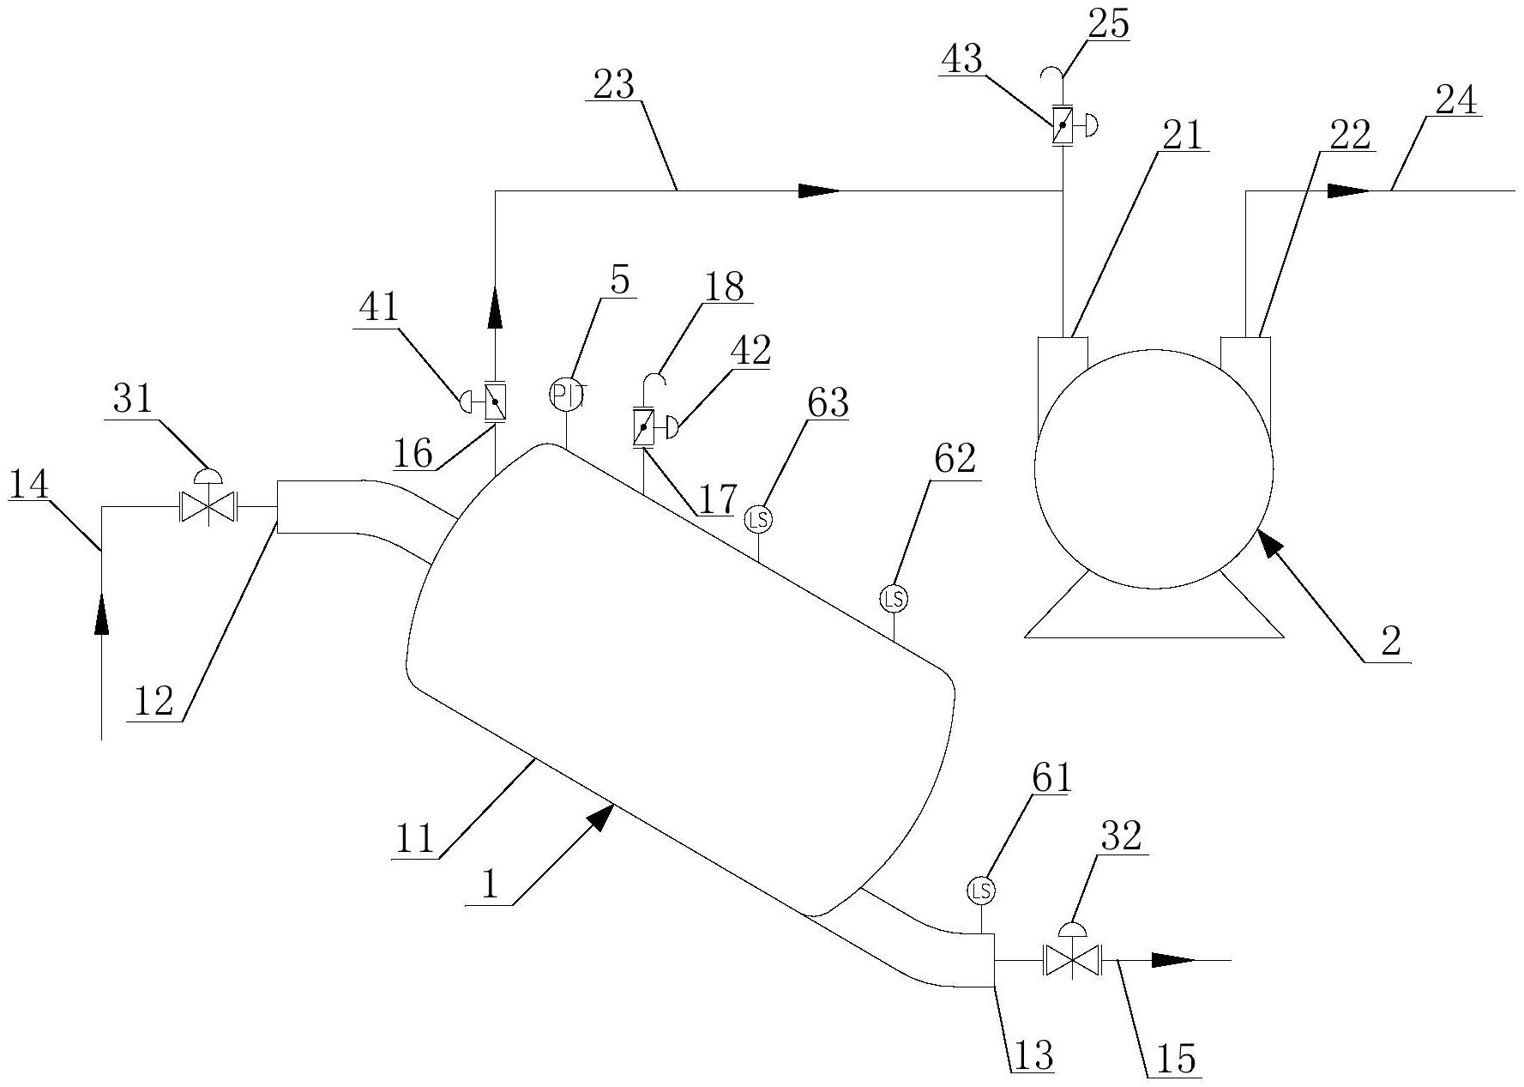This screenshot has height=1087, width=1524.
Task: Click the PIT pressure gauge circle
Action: pyautogui.click(x=566, y=395)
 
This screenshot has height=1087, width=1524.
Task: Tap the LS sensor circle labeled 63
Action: pyautogui.click(x=758, y=519)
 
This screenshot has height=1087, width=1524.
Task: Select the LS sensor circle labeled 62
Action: pyautogui.click(x=894, y=598)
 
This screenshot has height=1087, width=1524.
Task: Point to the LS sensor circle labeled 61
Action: pyautogui.click(x=981, y=891)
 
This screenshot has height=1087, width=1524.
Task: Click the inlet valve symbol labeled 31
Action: pyautogui.click(x=208, y=507)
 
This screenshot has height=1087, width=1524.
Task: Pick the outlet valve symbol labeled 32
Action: pyautogui.click(x=1072, y=960)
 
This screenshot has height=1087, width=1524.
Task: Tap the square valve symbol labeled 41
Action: pyautogui.click(x=496, y=401)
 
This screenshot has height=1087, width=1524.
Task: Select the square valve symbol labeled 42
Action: pyautogui.click(x=642, y=426)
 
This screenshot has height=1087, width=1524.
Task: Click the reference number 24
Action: pyautogui.click(x=1456, y=101)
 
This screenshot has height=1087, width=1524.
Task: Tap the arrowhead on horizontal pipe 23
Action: pyautogui.click(x=819, y=190)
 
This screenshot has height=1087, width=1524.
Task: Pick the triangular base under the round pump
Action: pyautogui.click(x=1154, y=618)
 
